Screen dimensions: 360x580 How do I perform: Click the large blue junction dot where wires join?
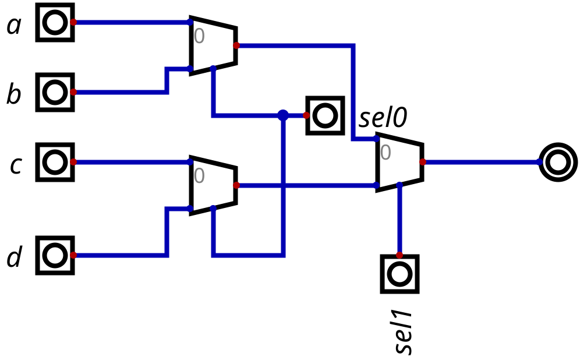(x=283, y=115)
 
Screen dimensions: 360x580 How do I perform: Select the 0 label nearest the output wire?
(x=386, y=153)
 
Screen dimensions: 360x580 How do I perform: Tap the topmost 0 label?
(x=199, y=36)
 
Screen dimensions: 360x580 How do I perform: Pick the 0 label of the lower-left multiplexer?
(x=199, y=176)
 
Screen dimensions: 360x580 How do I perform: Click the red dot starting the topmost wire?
(x=73, y=22)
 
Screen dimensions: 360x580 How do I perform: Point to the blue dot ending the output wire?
(x=539, y=161)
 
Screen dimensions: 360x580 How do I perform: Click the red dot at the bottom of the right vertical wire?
(x=399, y=255)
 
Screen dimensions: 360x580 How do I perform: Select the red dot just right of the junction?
(x=306, y=115)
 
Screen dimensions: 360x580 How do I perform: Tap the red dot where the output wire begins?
(x=423, y=162)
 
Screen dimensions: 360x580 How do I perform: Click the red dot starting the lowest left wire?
(x=73, y=255)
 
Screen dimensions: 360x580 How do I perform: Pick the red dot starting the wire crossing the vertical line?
(x=236, y=185)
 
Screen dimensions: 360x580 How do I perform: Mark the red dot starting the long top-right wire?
(x=236, y=45)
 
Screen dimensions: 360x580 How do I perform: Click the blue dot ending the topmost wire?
(x=190, y=22)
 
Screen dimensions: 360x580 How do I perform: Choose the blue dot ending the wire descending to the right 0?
(x=376, y=139)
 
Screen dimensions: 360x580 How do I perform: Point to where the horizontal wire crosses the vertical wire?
(x=283, y=185)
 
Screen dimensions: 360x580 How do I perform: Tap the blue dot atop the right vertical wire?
(x=399, y=185)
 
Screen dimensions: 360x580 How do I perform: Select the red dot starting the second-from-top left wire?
(x=73, y=92)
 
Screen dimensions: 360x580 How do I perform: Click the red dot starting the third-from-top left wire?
(x=73, y=162)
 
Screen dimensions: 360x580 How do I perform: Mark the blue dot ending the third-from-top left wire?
(x=190, y=161)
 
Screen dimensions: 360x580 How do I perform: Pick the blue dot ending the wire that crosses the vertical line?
(x=376, y=185)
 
